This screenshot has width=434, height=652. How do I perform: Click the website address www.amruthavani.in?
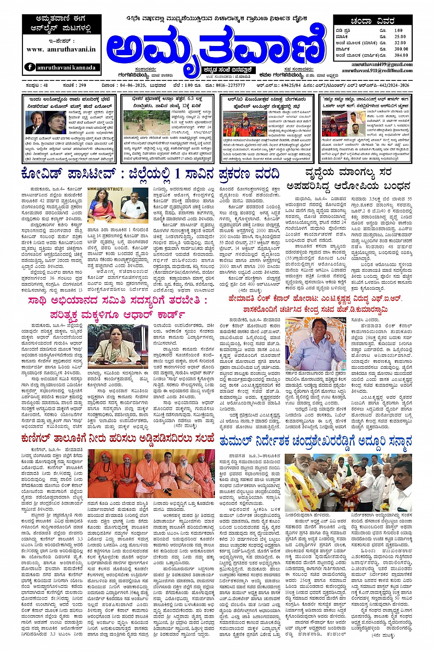[61, 49]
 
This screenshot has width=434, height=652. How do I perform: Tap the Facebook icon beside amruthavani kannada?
[30, 67]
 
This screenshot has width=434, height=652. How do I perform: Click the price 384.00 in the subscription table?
[400, 55]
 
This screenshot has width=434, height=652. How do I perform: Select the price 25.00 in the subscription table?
[400, 36]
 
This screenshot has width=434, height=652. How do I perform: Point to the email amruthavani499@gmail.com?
[382, 65]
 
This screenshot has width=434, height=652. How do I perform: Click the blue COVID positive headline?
[151, 174]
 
